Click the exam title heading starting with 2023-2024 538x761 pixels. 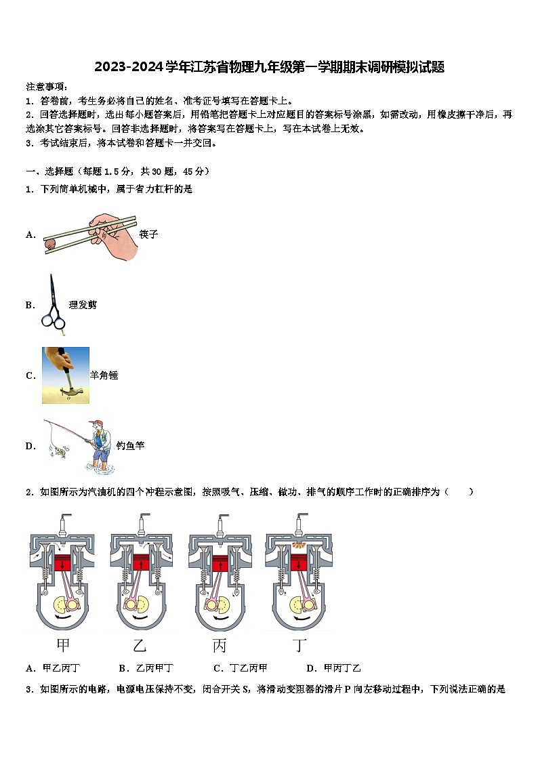coord(269,66)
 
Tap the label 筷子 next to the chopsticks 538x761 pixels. coord(148,234)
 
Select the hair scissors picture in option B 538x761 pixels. coord(54,305)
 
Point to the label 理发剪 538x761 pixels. coord(83,306)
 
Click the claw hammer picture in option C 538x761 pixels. coord(66,375)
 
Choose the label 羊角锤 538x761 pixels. coord(104,375)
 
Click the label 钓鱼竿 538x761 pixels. coord(130,446)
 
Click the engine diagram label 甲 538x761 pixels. coord(63,644)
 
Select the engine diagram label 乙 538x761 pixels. coord(140,644)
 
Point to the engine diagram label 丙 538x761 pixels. coord(220,644)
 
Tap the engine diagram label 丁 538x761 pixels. coord(299,644)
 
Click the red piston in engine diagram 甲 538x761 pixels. coord(62,562)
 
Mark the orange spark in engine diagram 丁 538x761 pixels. coord(298,544)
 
